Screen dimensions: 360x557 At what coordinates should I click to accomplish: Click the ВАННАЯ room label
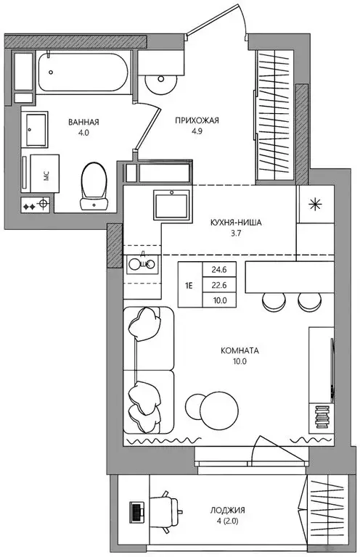click(83, 122)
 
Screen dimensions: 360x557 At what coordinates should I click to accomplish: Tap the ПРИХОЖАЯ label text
click(197, 121)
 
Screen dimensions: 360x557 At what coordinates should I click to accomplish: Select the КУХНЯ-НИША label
click(236, 223)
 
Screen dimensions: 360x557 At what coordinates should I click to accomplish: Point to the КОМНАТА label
click(240, 351)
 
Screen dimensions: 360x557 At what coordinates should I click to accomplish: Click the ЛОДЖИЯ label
click(227, 511)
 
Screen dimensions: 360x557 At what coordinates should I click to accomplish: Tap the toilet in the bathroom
click(94, 186)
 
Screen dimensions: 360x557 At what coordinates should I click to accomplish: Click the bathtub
click(83, 72)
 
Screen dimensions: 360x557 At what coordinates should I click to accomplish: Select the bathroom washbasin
click(34, 129)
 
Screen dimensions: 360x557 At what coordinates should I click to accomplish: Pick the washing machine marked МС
click(44, 173)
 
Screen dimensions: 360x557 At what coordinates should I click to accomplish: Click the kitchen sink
click(172, 205)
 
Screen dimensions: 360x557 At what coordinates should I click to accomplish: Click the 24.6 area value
click(219, 270)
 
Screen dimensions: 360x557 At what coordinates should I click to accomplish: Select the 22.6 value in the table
click(219, 285)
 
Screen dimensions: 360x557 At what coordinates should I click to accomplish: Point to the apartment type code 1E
click(189, 285)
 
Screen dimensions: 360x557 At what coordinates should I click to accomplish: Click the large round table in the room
click(219, 410)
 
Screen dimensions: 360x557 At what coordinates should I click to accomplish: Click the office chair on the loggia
click(166, 512)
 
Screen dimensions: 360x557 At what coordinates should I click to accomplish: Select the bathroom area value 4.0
click(83, 133)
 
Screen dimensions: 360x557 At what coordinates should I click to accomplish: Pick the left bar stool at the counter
click(274, 302)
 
